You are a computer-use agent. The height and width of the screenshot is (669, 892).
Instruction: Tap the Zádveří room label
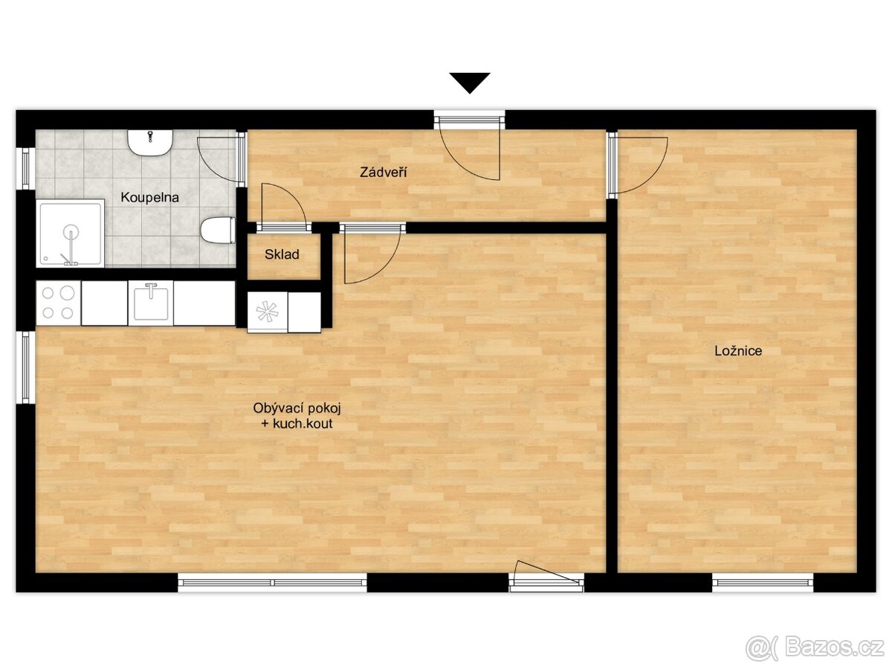click(x=384, y=172)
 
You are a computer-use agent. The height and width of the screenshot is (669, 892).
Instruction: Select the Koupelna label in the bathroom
click(x=149, y=198)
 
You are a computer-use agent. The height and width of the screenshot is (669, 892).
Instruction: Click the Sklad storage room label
click(x=282, y=254)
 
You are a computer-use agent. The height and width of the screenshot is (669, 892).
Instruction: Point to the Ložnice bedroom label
click(x=738, y=351)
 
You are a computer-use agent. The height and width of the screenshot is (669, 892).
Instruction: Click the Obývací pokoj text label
click(x=297, y=408)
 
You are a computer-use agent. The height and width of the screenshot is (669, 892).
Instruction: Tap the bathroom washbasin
click(x=150, y=143)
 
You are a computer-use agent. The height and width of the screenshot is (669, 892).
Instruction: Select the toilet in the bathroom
click(x=218, y=230)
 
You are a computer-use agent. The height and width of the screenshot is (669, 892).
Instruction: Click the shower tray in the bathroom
click(x=71, y=233)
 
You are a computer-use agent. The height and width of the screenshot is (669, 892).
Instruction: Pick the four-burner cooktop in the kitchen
click(x=59, y=303)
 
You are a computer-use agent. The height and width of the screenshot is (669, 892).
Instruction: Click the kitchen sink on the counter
click(x=151, y=303)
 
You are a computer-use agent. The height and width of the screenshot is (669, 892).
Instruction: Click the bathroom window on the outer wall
click(x=26, y=168)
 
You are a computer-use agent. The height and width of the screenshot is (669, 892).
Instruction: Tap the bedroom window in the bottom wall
click(x=763, y=583)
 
